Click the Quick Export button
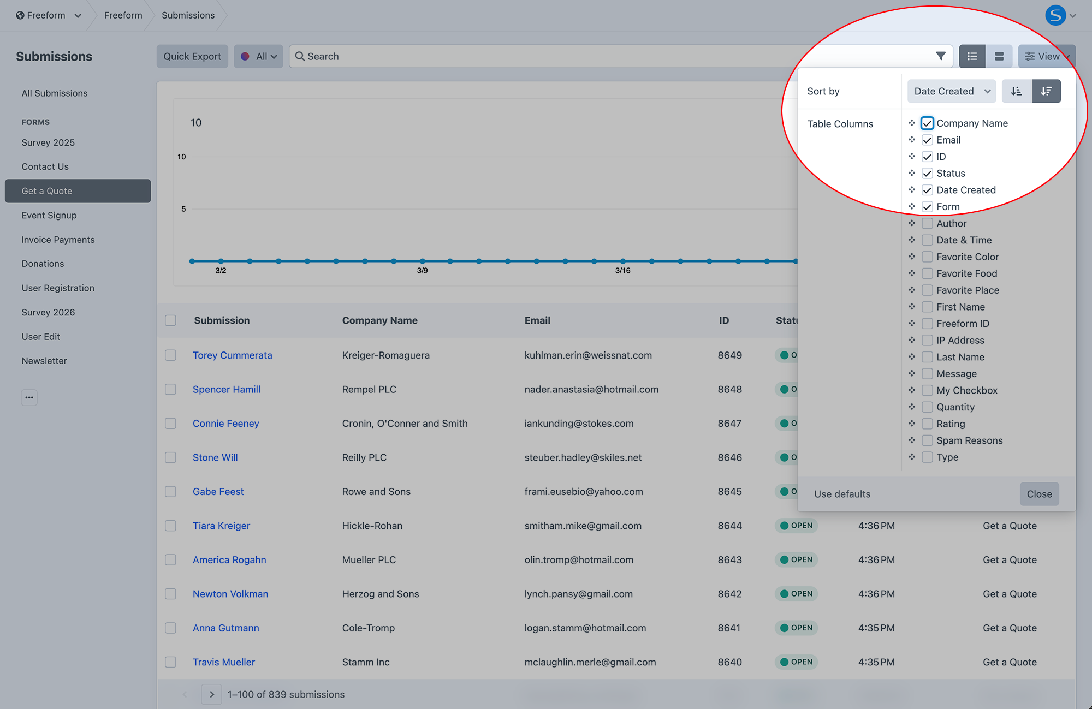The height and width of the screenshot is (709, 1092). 192,56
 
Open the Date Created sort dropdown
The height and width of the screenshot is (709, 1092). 951,91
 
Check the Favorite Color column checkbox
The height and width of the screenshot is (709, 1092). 927,257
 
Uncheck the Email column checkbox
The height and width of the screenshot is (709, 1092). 927,140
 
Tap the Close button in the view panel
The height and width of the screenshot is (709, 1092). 1039,494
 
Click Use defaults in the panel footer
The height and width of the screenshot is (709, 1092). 842,494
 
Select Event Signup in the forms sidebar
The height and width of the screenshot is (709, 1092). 49,215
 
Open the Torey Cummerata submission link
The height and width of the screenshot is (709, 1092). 232,355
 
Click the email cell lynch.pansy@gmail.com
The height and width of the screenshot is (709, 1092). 578,594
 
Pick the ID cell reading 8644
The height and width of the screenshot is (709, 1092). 729,526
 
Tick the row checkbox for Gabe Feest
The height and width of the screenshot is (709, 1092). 171,492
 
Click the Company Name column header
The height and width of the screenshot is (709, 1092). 379,320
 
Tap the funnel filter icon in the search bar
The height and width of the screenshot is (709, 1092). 940,56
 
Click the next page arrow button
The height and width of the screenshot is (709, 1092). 211,694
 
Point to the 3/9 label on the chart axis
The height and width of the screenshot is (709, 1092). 422,271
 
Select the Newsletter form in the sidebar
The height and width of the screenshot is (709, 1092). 44,361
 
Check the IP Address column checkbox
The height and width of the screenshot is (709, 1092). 927,340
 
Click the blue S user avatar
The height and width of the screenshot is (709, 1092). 1055,15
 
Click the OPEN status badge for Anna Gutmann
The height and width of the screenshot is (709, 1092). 796,628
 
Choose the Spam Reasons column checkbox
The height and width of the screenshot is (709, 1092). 927,440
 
